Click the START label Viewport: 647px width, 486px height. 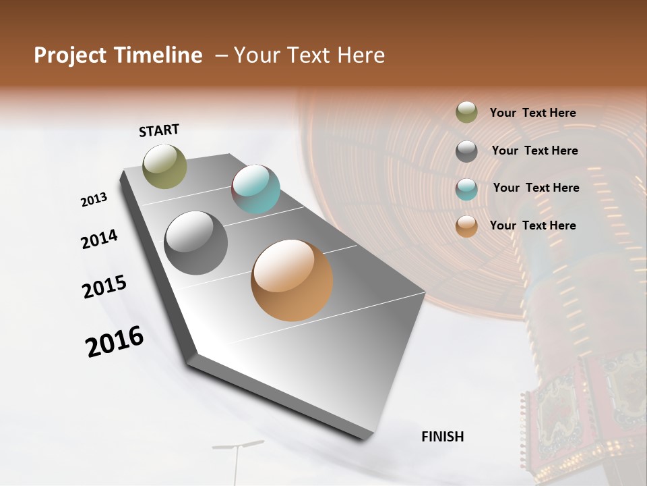[159, 130]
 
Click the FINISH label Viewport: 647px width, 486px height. [442, 437]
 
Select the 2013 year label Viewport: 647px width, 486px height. [94, 200]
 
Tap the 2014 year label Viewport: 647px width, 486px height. [99, 239]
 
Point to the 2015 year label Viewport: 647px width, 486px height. [104, 287]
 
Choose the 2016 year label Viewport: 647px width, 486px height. [115, 342]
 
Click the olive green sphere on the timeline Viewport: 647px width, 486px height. [164, 166]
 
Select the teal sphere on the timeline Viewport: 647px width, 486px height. [256, 189]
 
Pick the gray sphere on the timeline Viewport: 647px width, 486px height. [196, 243]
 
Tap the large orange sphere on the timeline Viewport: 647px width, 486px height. [292, 280]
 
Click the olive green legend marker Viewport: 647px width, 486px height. [466, 113]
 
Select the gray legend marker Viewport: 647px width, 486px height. [466, 151]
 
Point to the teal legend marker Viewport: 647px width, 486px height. [466, 188]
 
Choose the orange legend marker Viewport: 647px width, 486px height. [466, 226]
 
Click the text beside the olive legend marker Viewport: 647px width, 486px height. [532, 113]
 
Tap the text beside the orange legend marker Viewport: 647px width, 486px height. [532, 225]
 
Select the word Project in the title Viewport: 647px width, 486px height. [69, 55]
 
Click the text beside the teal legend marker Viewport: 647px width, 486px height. [536, 188]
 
